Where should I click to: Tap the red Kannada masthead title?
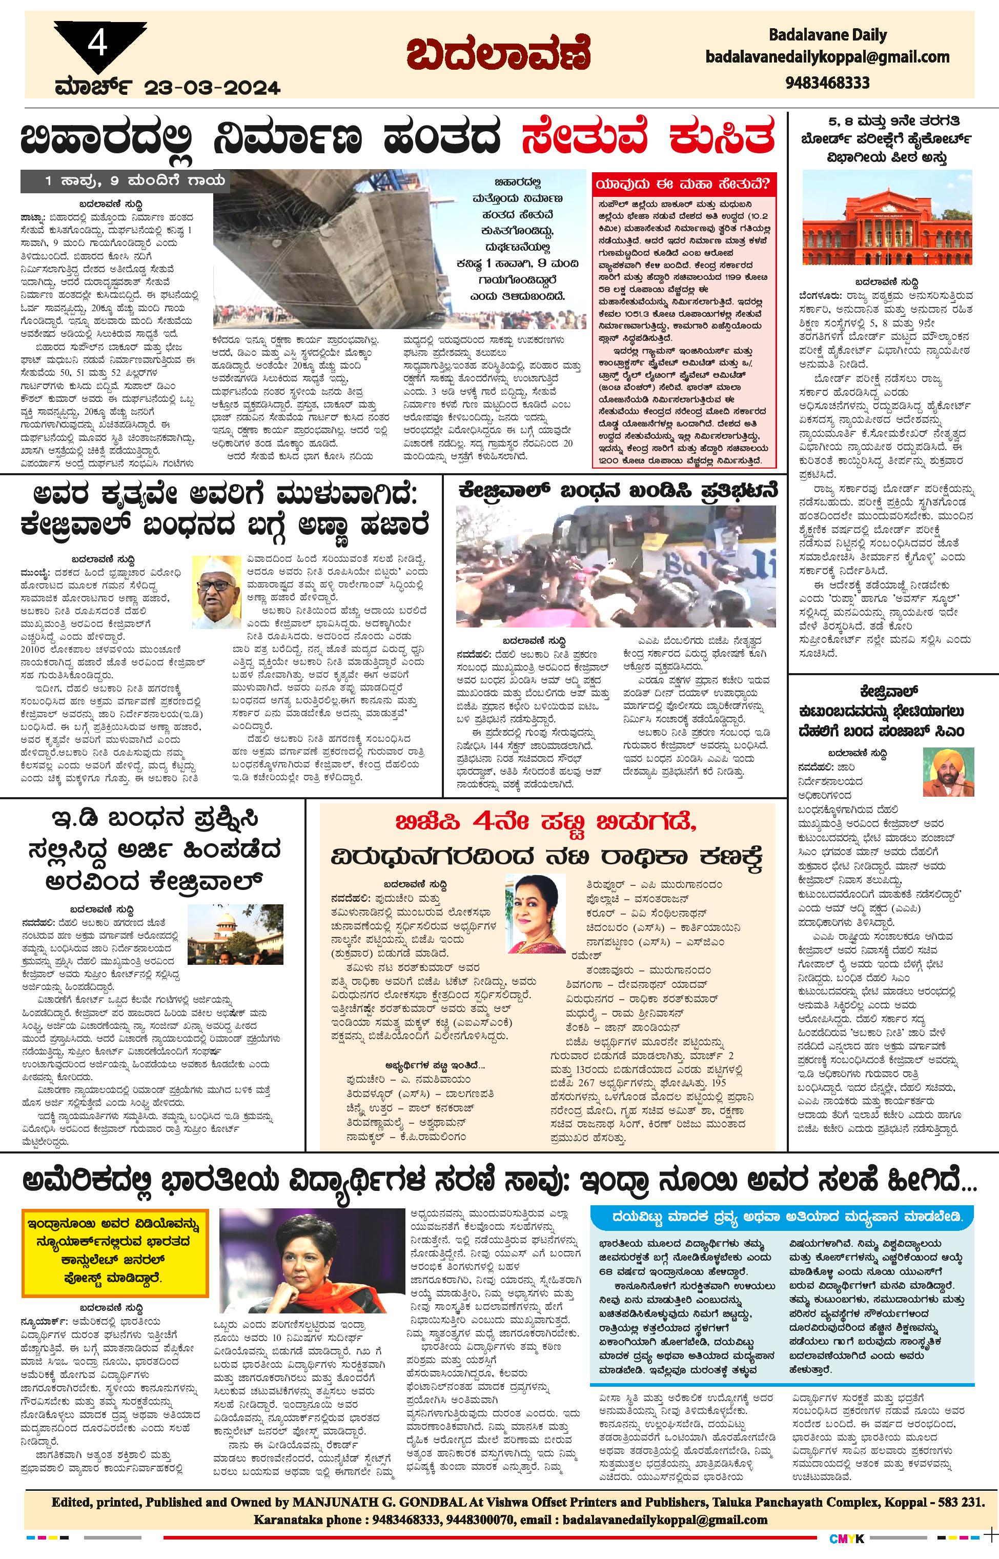[x=499, y=53]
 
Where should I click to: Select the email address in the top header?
[x=827, y=58]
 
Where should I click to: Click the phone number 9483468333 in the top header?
[x=827, y=83]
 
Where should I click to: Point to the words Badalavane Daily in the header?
[x=827, y=35]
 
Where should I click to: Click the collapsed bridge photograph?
[x=337, y=250]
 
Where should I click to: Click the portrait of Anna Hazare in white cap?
[x=215, y=592]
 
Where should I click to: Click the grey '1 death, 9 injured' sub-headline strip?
[x=125, y=181]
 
